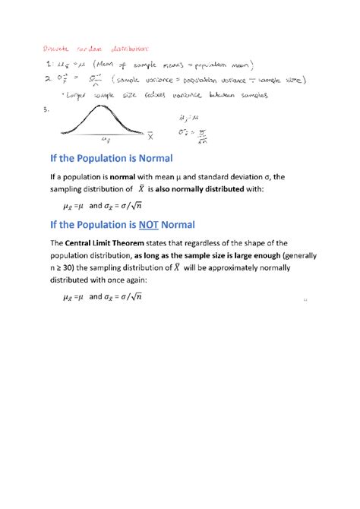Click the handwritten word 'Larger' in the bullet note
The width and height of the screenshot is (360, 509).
pos(67,96)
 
